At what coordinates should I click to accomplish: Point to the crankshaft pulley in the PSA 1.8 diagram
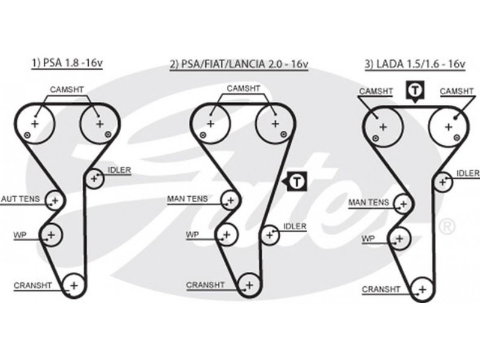73,285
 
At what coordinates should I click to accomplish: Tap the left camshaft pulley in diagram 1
35,124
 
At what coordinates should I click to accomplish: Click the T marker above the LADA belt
415,91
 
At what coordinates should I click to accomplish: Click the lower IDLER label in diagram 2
295,226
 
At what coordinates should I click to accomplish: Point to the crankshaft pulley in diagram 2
247,284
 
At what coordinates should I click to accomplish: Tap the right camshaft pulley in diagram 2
275,124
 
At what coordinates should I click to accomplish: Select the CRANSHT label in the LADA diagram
380,289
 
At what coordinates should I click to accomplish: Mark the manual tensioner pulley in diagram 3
400,204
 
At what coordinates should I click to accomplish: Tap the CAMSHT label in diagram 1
66,89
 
